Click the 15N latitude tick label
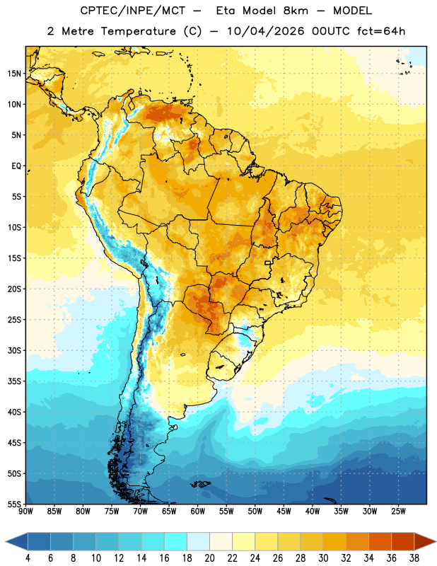click(14, 74)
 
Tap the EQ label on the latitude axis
click(16, 166)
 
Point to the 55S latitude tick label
click(14, 504)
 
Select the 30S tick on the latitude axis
click(14, 350)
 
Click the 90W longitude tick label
click(25, 511)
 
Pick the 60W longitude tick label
click(198, 511)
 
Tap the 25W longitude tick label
click(398, 511)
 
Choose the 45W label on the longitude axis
click(284, 511)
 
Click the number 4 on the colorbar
click(28, 558)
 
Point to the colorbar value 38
click(414, 558)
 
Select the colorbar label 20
click(209, 558)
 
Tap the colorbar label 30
click(323, 558)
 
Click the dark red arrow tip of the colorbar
click(435, 541)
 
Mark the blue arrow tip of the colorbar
click(6, 541)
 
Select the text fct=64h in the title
click(381, 31)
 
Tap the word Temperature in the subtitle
click(138, 31)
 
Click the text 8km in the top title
click(296, 11)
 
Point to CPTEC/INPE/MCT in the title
click(133, 11)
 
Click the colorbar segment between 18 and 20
click(198, 541)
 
